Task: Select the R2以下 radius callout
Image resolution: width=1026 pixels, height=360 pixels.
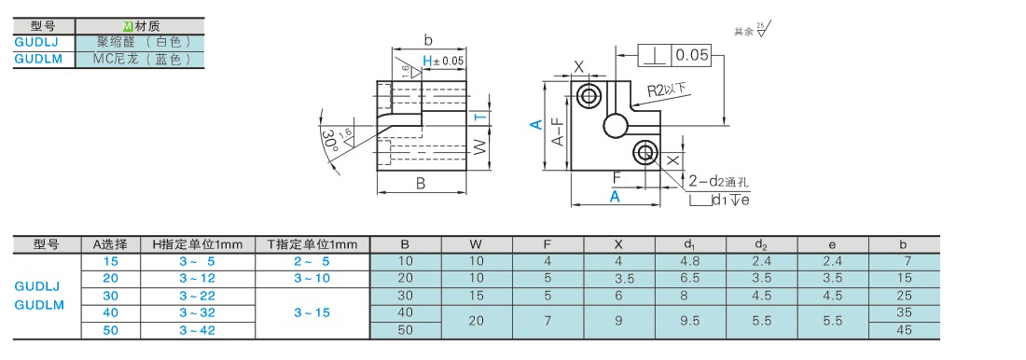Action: (669, 90)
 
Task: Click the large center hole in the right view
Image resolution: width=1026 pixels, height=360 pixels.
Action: (617, 126)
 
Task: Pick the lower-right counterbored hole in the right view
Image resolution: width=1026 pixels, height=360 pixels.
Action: (645, 153)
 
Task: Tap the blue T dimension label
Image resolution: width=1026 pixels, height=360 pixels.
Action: (481, 118)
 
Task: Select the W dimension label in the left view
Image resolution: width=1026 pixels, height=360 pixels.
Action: (480, 148)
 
